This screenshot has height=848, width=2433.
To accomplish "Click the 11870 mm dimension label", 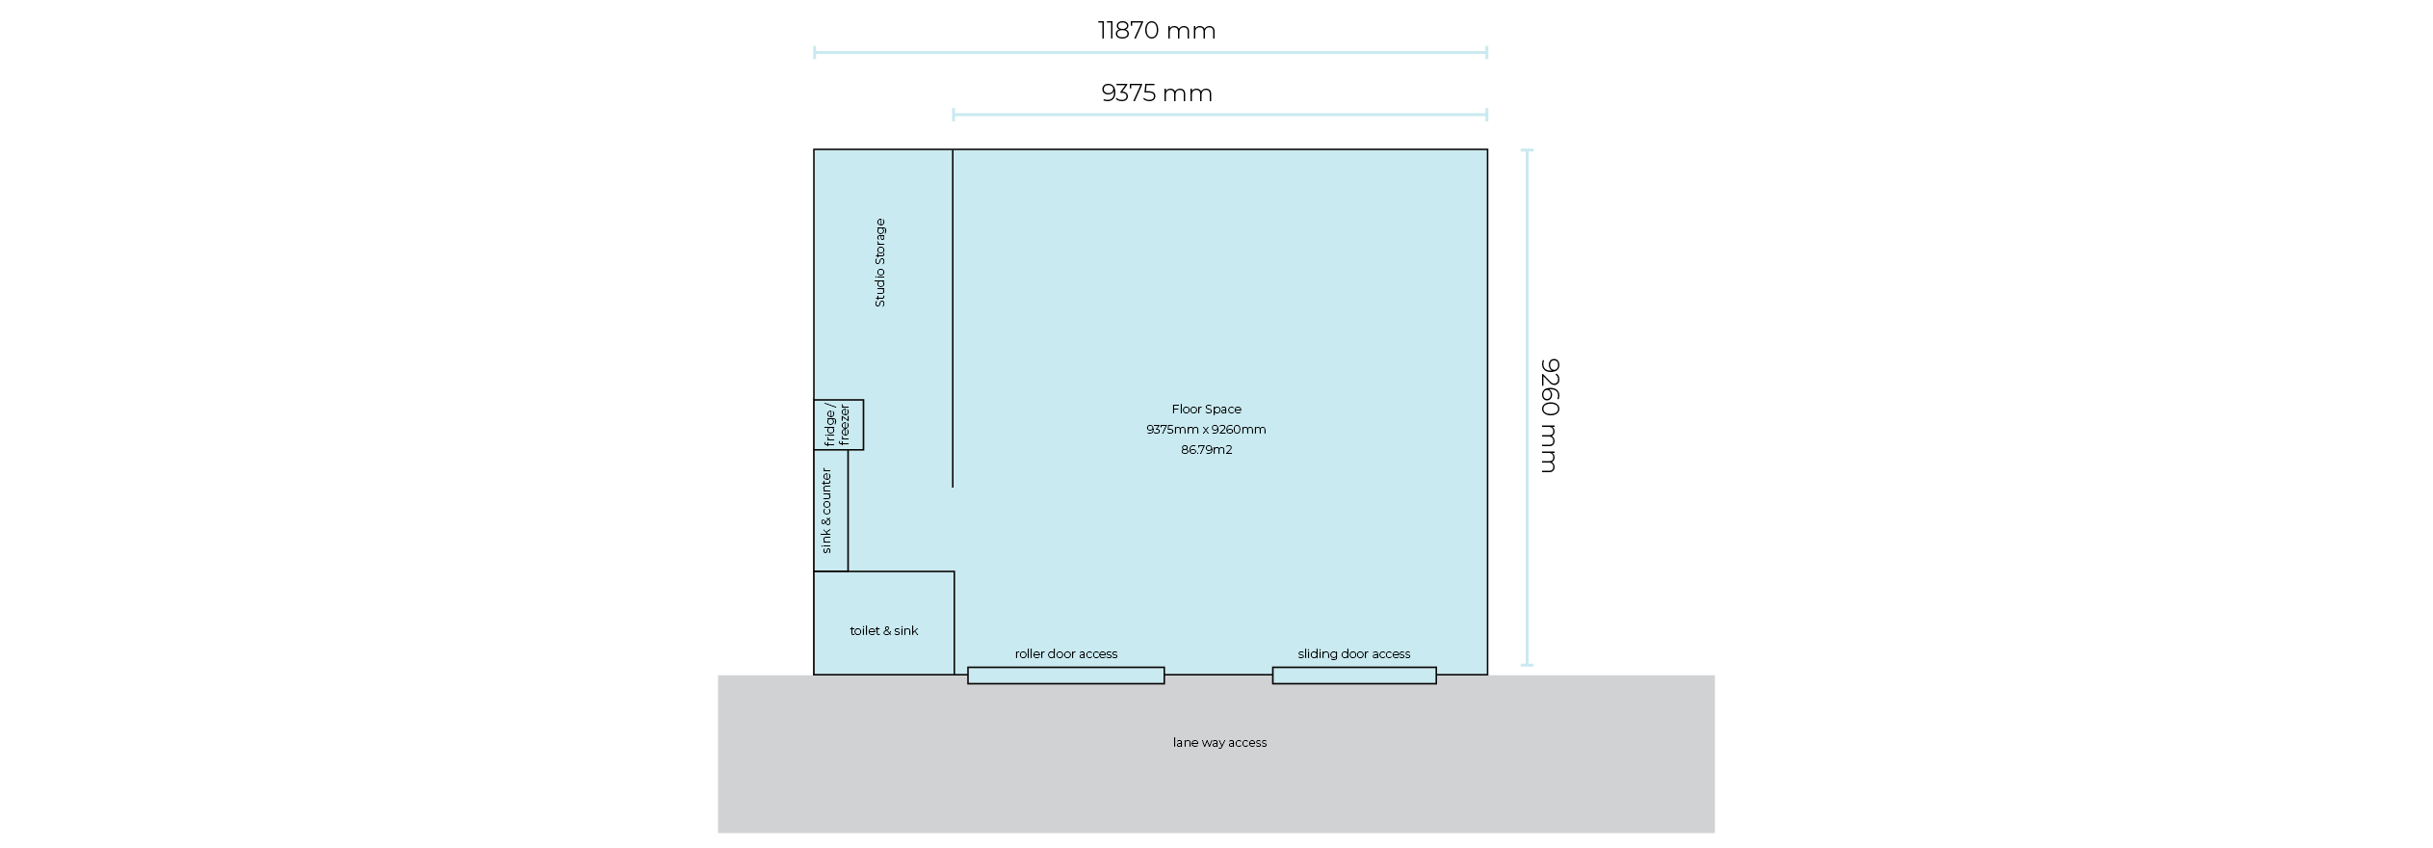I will point(1156,31).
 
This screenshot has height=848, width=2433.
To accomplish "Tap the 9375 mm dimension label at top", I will point(1156,93).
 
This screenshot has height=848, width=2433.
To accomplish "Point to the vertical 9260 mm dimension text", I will point(1549,415).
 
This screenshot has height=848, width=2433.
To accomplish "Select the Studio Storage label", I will point(879,263).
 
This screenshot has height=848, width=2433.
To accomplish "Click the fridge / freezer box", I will point(838,425).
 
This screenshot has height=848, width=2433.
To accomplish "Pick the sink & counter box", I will point(830,511).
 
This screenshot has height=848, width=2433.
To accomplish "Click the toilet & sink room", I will point(883,623).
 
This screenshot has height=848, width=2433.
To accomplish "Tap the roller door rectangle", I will point(1065,676).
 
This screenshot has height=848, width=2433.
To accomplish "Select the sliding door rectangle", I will point(1353,676).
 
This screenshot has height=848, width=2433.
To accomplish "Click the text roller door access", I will point(1065,654).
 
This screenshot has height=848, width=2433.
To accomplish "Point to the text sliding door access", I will point(1353,654).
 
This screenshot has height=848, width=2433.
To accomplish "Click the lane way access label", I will point(1219,743).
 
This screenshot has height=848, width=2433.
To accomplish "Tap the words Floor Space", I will point(1206,410).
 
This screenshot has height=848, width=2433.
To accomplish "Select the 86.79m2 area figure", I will point(1206,450).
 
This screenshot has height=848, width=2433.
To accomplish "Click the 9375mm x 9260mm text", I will point(1206,430).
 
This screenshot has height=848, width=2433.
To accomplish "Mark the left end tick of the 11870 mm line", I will point(815,52).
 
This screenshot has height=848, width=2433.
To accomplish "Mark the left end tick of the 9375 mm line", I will point(954,115).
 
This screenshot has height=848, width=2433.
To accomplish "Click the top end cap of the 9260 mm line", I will point(1527,150).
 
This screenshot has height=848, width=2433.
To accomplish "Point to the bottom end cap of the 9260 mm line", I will point(1527,665).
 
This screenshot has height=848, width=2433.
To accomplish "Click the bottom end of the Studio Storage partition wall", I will point(953,487).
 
